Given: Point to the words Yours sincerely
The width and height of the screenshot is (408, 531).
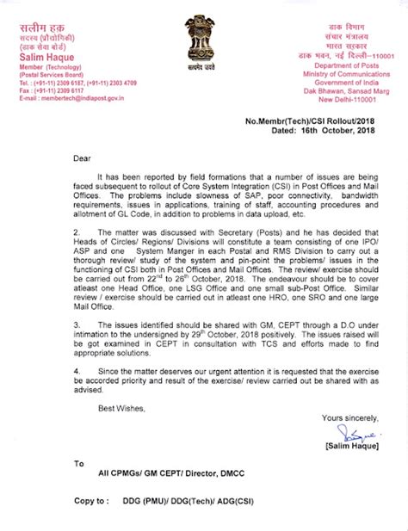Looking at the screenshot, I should point(348,417).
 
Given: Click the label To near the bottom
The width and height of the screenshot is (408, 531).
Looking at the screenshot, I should point(79,464).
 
